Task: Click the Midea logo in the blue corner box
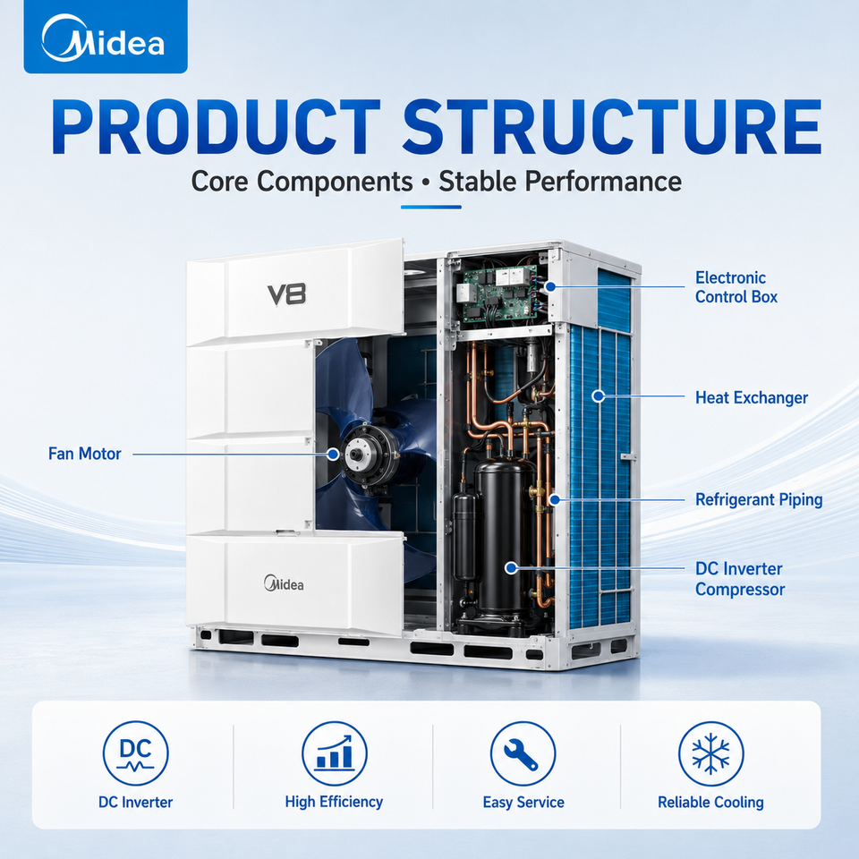(x=103, y=38)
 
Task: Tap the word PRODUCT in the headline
(x=217, y=128)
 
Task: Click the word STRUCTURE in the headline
(x=612, y=128)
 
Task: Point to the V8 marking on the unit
(x=286, y=294)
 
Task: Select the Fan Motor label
(x=84, y=454)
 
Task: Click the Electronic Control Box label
(x=736, y=287)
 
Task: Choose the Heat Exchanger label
(x=752, y=397)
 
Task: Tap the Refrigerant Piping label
(x=759, y=499)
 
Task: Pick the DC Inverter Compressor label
(x=740, y=579)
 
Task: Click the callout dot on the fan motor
(x=333, y=454)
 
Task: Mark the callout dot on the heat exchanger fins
(x=599, y=395)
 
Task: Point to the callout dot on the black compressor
(x=511, y=568)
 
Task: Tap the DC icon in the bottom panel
(x=136, y=753)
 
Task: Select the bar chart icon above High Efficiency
(x=334, y=753)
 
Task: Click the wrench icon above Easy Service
(x=523, y=753)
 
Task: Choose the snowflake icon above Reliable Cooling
(x=710, y=753)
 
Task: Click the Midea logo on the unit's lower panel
(x=284, y=583)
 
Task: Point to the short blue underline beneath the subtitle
(x=430, y=207)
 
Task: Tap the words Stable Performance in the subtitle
(x=560, y=182)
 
